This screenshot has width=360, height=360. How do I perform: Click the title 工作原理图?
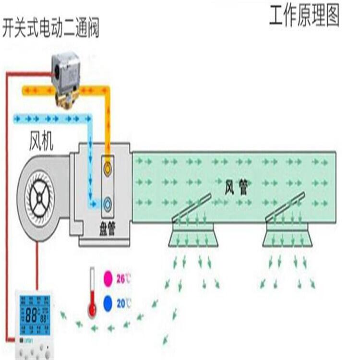point(304,16)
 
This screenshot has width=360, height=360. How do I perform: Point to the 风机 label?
point(41,143)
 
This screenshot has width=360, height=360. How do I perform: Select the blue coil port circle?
point(108,203)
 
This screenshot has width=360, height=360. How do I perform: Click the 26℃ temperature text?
point(123,278)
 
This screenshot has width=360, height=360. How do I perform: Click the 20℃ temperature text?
point(124,303)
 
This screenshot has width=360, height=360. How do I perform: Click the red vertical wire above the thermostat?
point(36,269)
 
